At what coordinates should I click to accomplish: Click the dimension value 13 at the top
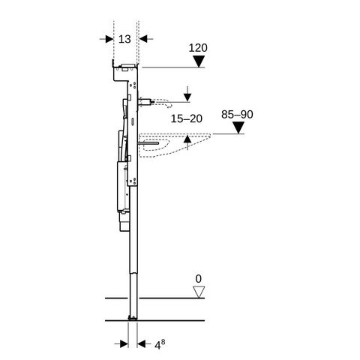pos(124,39)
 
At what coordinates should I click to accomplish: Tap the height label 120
pos(198,48)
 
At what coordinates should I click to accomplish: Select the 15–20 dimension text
pos(187,118)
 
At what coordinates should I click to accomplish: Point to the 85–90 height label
pos(237,114)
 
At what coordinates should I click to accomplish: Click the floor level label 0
pos(199,279)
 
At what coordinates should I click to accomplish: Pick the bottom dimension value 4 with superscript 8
pos(160,344)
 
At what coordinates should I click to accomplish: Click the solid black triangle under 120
pos(199,61)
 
